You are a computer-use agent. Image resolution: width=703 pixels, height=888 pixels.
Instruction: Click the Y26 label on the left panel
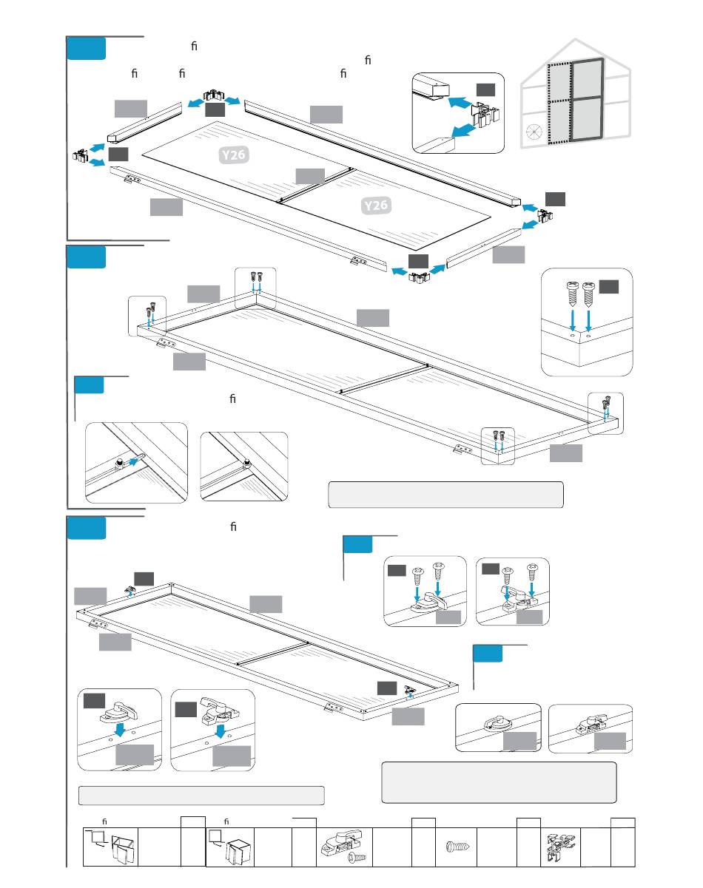[233, 155]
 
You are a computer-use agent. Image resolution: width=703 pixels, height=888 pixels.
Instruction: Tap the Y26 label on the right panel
[376, 205]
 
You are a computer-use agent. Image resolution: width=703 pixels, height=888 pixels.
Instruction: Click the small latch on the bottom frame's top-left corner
[130, 591]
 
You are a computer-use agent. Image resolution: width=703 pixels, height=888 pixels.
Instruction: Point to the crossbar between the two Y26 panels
[314, 185]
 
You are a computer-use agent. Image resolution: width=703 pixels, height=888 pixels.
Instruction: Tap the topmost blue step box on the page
[86, 49]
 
